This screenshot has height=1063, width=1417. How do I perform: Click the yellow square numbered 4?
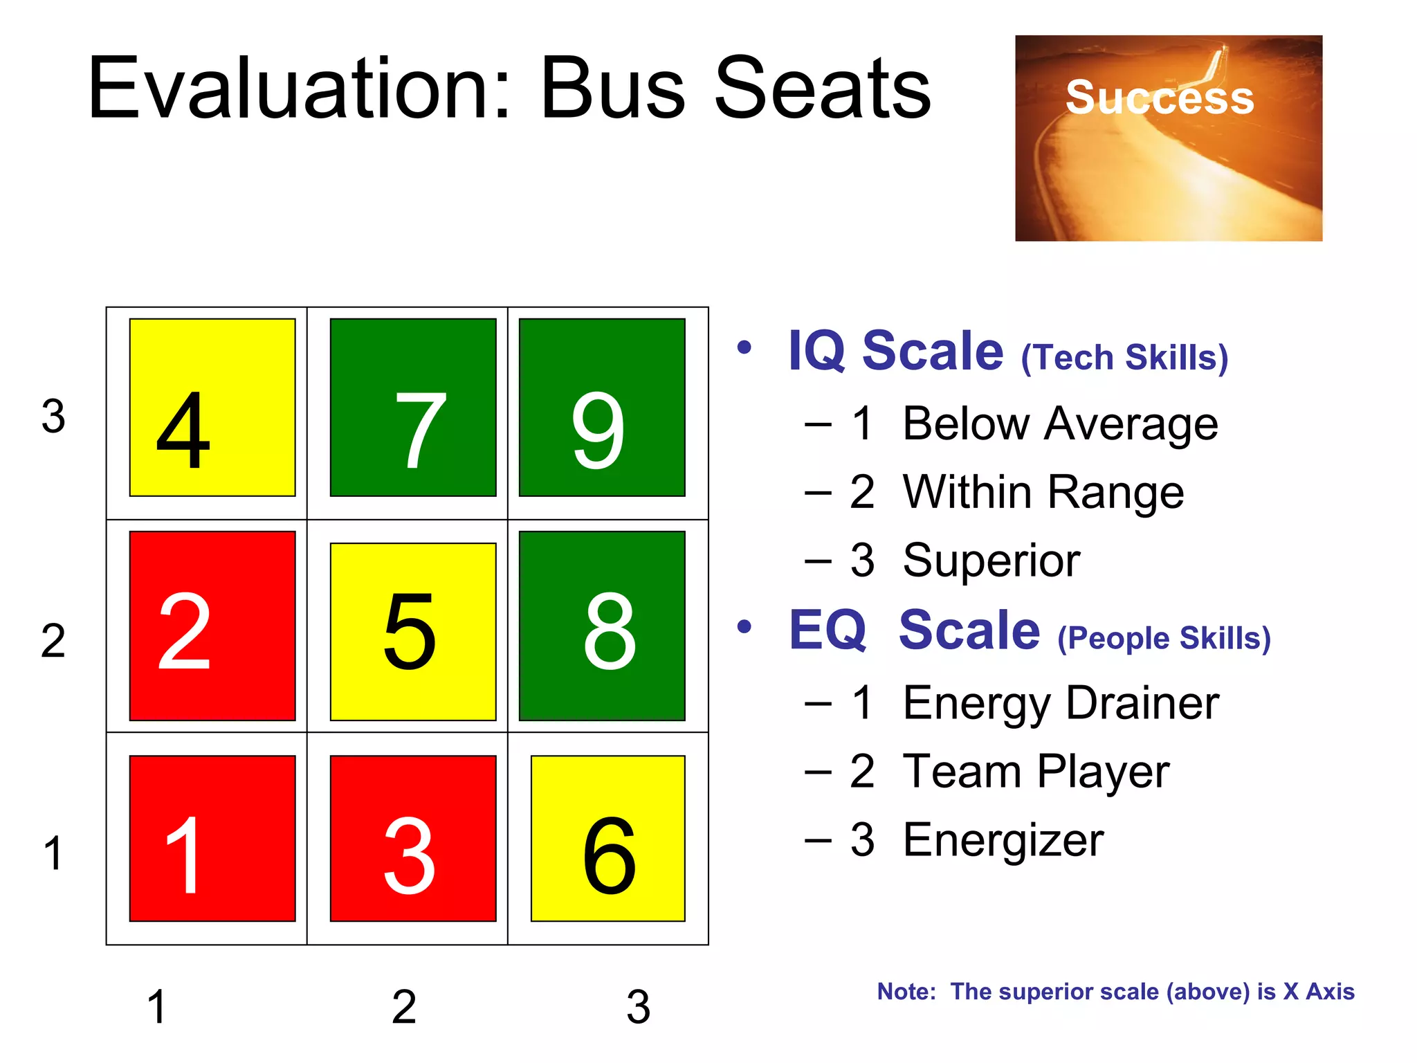point(212,408)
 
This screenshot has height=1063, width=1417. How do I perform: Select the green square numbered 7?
point(413,408)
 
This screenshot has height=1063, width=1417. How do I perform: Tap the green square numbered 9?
point(602,408)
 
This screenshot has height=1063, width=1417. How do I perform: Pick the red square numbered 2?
point(212,626)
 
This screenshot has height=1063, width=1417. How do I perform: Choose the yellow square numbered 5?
point(413,631)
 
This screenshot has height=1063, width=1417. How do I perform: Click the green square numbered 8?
point(602,626)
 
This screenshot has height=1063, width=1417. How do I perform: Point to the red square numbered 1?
point(212,838)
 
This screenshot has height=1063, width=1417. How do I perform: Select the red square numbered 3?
point(413,838)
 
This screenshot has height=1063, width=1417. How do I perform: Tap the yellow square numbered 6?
point(607,838)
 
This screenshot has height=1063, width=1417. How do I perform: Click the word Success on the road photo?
point(1160,98)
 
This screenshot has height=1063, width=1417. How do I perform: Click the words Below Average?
point(1060,424)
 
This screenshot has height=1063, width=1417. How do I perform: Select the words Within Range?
point(1043,492)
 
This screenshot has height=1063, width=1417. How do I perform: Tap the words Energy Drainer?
point(1061,703)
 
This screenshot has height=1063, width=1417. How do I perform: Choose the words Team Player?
point(1036,772)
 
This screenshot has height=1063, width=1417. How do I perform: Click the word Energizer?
point(1003,840)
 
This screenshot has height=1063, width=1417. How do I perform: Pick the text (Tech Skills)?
point(1124,358)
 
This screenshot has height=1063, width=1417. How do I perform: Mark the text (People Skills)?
point(1164,638)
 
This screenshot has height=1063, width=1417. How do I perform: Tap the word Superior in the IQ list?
point(991,560)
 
